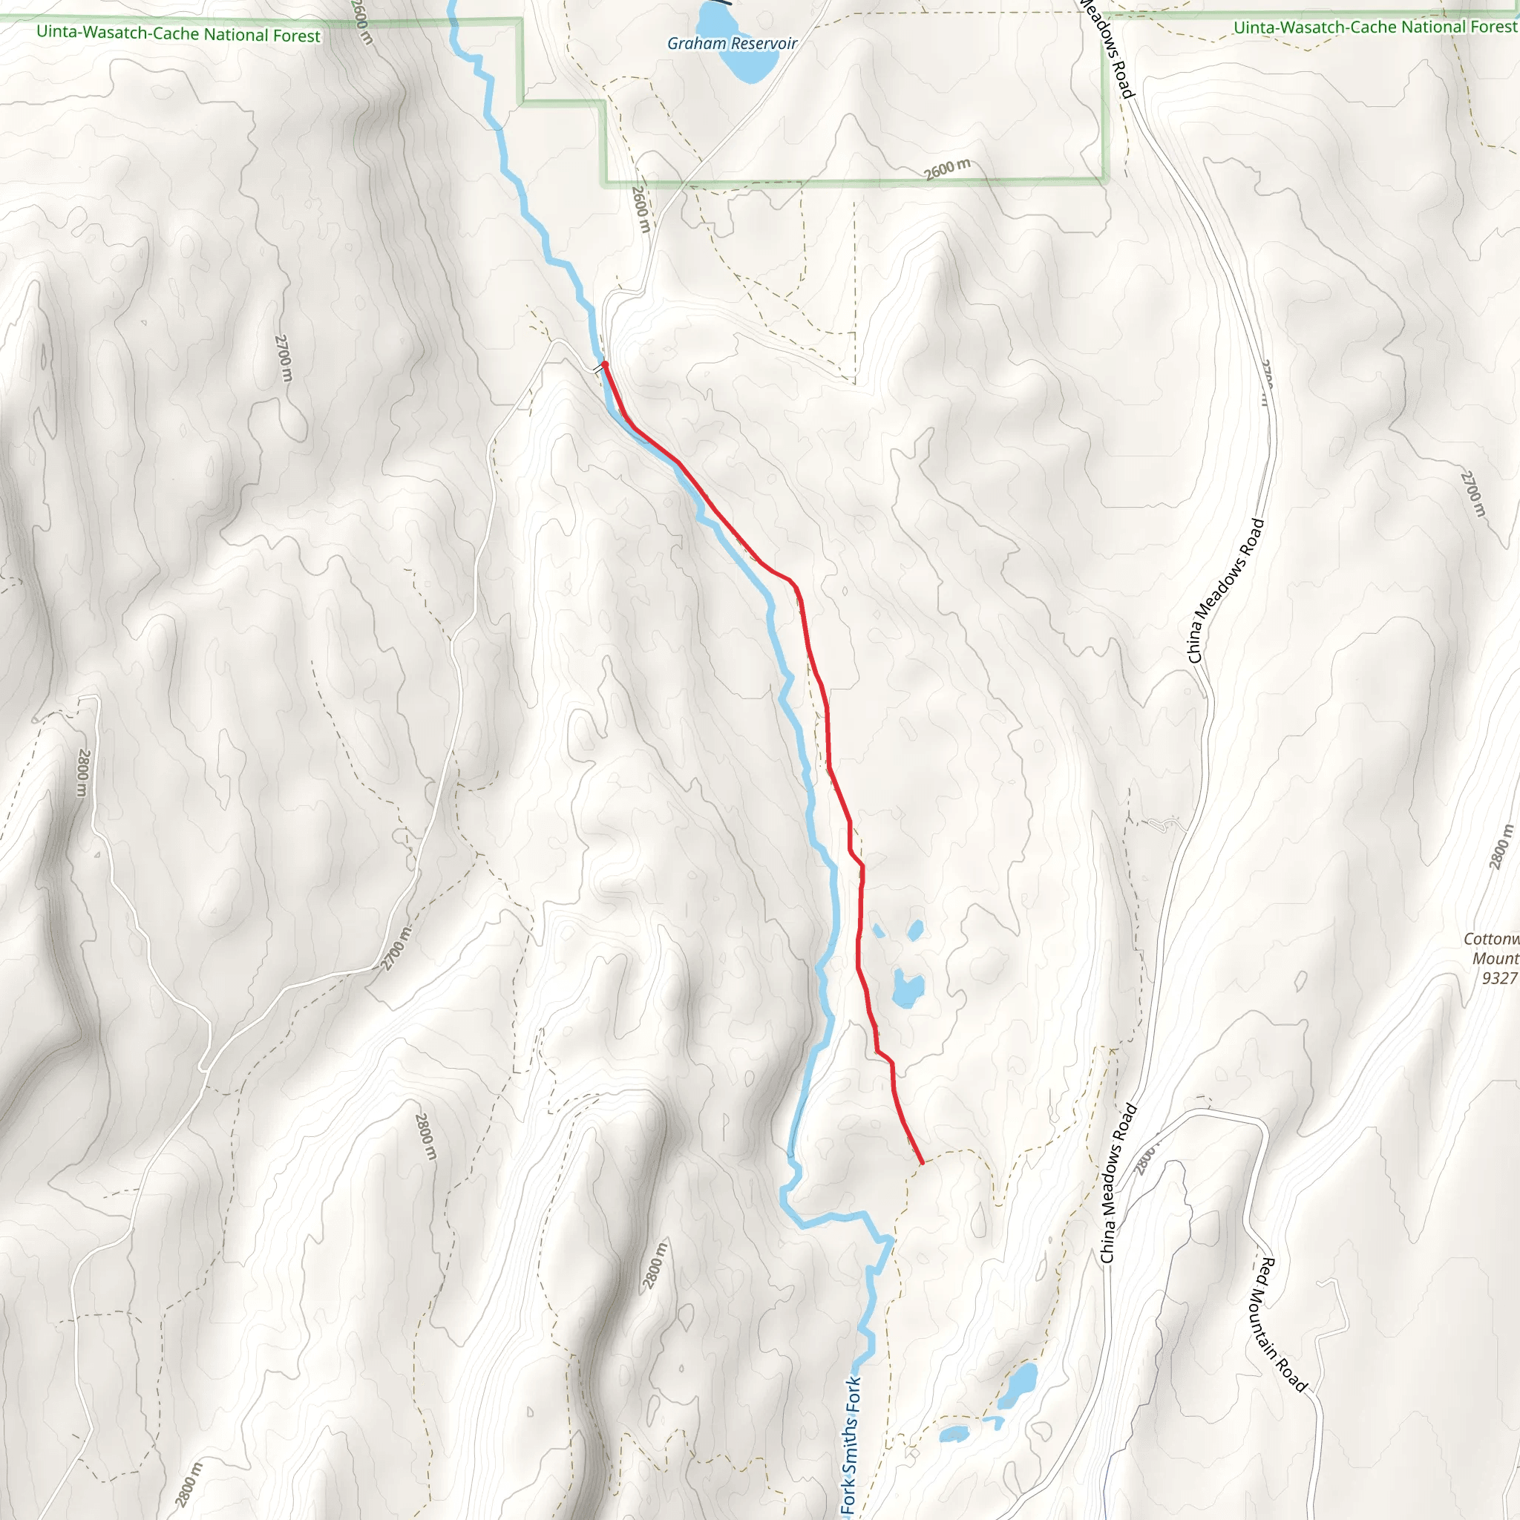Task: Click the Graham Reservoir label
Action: click(x=732, y=44)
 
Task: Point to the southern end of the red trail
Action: click(x=921, y=1163)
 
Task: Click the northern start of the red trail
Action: click(x=604, y=364)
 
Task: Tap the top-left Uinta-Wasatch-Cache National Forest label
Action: click(x=179, y=35)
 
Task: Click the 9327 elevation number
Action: click(x=1498, y=978)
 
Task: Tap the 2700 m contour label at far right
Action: click(x=1472, y=494)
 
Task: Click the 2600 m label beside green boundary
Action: click(x=946, y=168)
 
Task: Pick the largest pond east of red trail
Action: click(x=907, y=989)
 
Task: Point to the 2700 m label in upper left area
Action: click(x=284, y=358)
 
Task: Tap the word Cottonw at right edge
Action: click(x=1491, y=939)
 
